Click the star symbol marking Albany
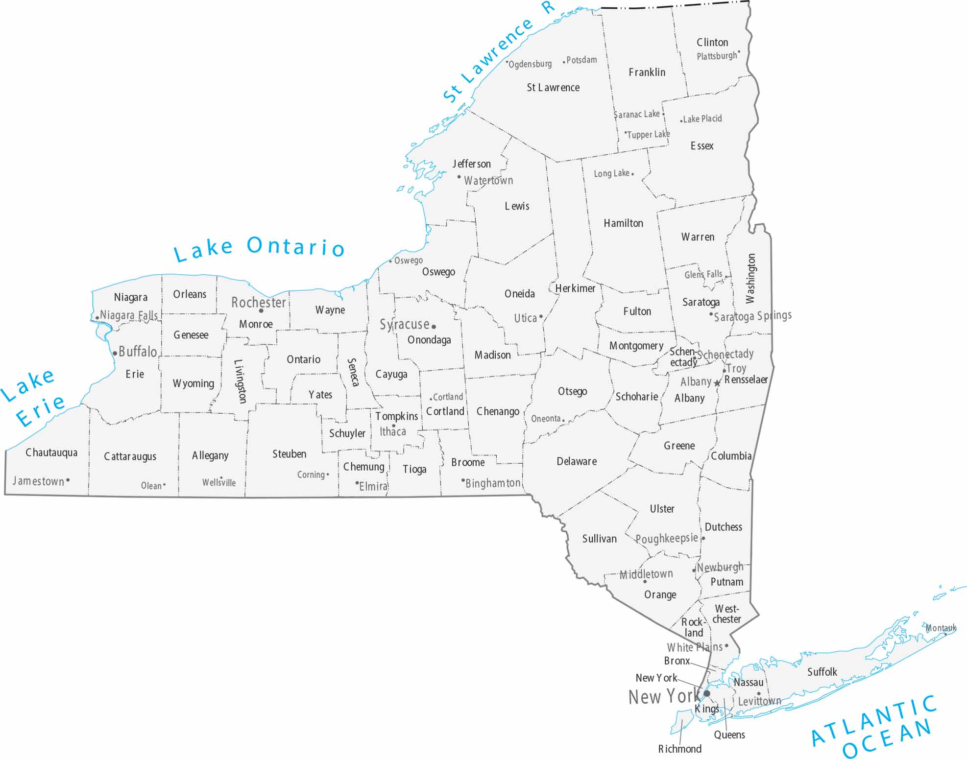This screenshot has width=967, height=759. pos(718,383)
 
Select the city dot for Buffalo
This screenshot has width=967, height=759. pos(115,353)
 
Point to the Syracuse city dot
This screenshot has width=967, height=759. pos(434,327)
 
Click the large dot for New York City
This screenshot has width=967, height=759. pos(707,693)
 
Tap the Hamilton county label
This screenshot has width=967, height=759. pos(623,223)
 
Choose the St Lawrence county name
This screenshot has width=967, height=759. pos(553,88)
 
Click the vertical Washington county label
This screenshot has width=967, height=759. pos(750,278)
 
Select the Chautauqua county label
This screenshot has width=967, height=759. pos(51,452)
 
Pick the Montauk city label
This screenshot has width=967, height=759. pos(941,628)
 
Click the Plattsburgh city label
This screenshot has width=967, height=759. pos(717,56)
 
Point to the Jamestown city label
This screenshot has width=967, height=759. pos(38,481)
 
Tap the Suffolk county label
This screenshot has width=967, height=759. pos(822,672)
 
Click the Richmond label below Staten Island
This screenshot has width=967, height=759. pos(679,749)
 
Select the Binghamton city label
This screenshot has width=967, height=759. pos(493,483)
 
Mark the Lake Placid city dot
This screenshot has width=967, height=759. pos(681,121)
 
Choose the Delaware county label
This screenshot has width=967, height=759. pos(577,461)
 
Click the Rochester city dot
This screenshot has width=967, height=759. pos(261,310)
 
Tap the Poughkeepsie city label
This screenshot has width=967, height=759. pos(666,539)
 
